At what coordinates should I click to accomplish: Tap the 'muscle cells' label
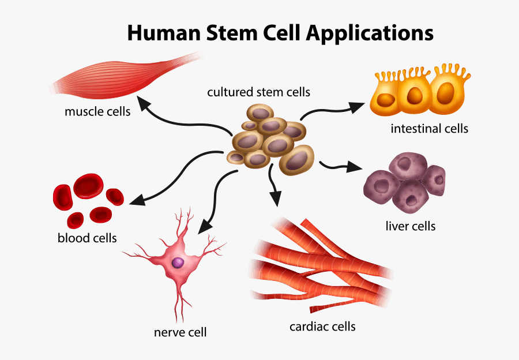click(97, 111)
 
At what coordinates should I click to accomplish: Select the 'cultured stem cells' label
click(259, 92)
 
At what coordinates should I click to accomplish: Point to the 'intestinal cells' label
click(429, 128)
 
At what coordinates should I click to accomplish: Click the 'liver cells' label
click(410, 226)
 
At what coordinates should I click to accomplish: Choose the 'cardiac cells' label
click(322, 327)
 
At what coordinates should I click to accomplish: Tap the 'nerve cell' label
click(180, 332)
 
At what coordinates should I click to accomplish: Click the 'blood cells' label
click(87, 238)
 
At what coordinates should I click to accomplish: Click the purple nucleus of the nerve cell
click(178, 263)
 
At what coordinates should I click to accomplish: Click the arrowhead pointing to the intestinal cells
click(359, 106)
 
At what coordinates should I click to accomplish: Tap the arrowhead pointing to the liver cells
click(356, 168)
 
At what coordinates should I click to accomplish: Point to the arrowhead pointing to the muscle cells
click(146, 106)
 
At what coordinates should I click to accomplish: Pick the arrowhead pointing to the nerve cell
click(204, 227)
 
